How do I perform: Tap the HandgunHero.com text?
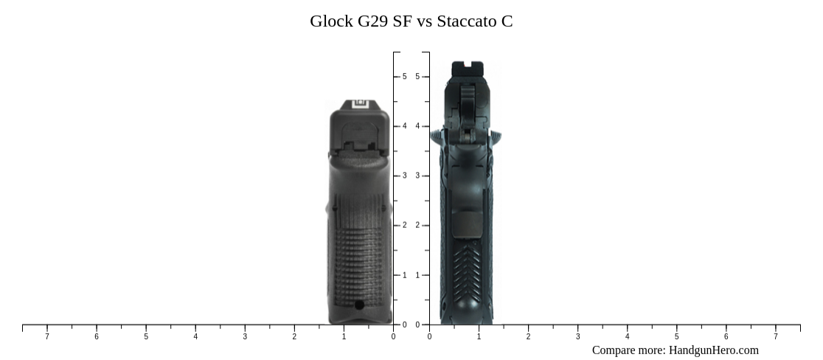pyautogui.click(x=713, y=350)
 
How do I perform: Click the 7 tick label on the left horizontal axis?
pyautogui.click(x=47, y=337)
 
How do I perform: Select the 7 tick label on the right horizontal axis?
pyautogui.click(x=776, y=337)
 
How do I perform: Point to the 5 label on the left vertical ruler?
pyautogui.click(x=404, y=77)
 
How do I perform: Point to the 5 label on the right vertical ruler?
pyautogui.click(x=417, y=77)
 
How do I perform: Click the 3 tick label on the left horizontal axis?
pyautogui.click(x=245, y=337)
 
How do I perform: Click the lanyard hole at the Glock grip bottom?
pyautogui.click(x=359, y=305)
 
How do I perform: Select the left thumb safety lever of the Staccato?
pyautogui.click(x=437, y=136)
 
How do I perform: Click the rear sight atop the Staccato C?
pyautogui.click(x=467, y=67)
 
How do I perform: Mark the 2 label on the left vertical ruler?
pyautogui.click(x=404, y=226)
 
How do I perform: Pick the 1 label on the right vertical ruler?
pyautogui.click(x=417, y=275)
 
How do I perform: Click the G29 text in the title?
pyautogui.click(x=373, y=21)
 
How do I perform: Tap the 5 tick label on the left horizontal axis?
pyautogui.click(x=146, y=337)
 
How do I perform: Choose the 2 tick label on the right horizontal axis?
pyautogui.click(x=528, y=337)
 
